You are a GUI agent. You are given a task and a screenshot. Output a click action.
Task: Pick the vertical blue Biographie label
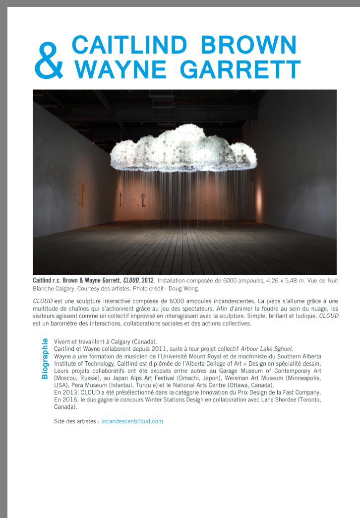tap(45, 358)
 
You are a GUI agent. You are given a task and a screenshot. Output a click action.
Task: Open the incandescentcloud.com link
tap(132, 421)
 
